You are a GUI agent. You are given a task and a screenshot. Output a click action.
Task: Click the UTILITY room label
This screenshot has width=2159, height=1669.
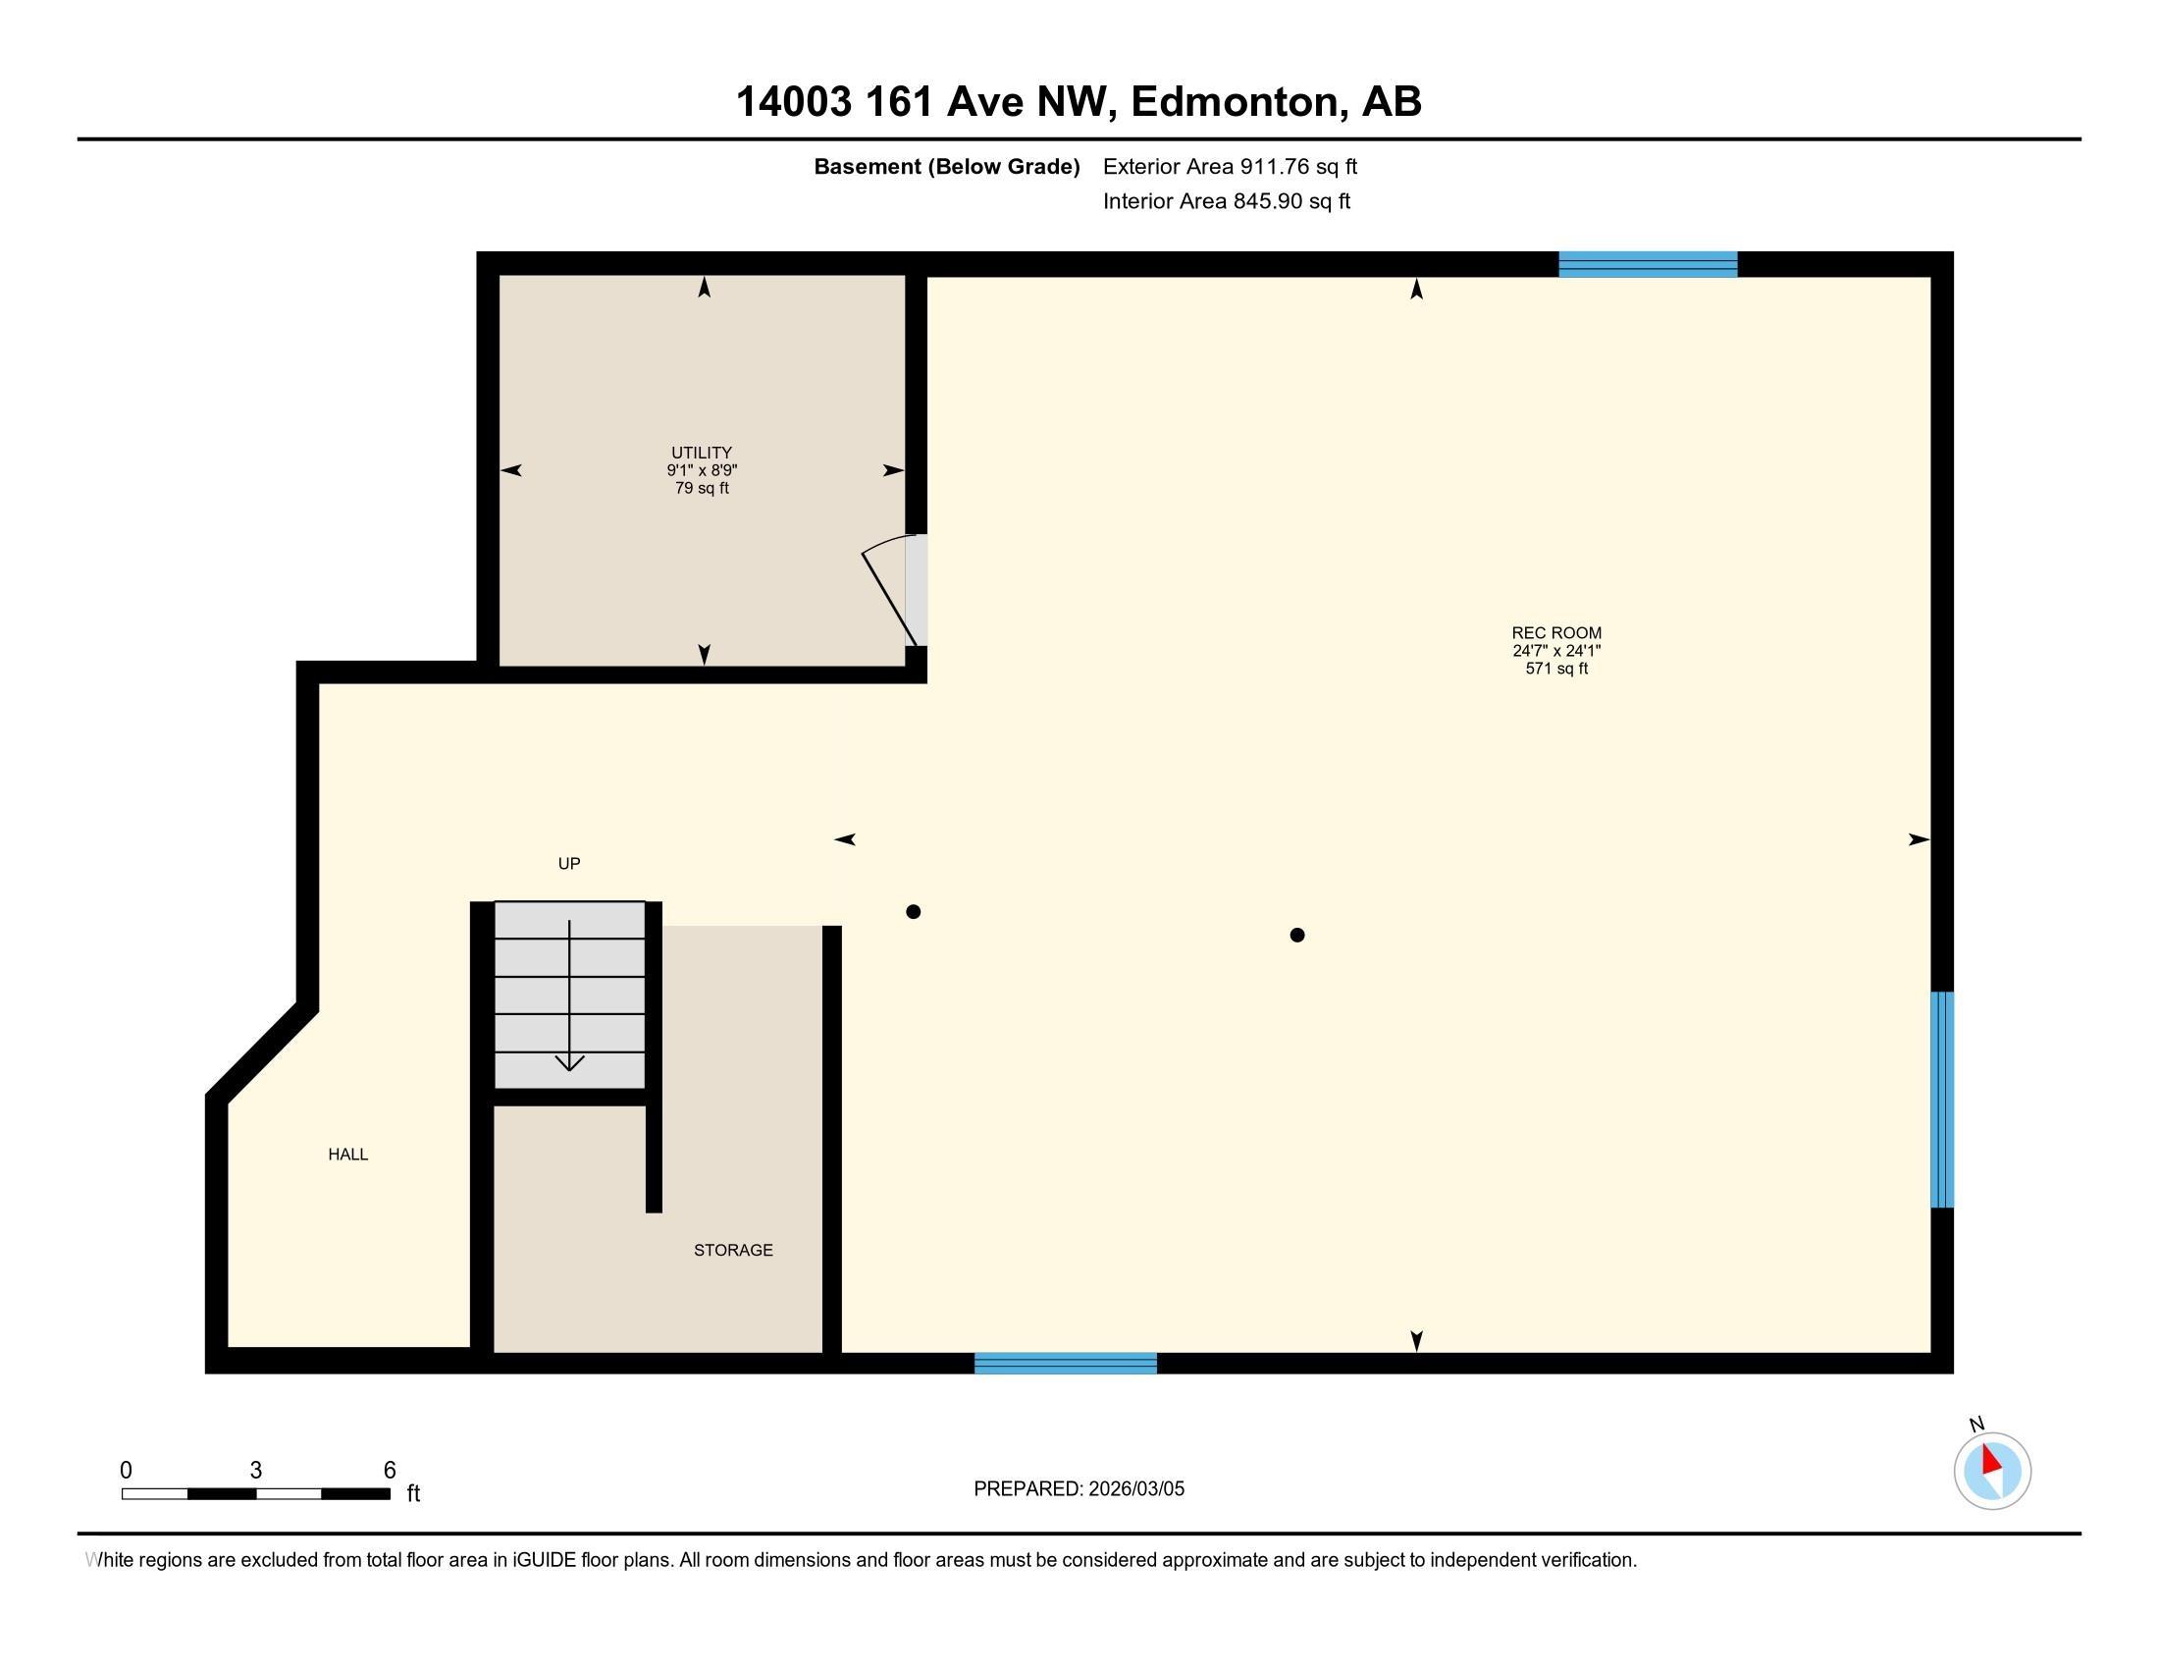pyautogui.click(x=702, y=453)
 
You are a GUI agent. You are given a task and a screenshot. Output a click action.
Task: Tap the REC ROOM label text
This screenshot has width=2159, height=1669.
pyautogui.click(x=1556, y=633)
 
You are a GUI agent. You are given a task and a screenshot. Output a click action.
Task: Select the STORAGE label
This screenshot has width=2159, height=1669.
pyautogui.click(x=733, y=1250)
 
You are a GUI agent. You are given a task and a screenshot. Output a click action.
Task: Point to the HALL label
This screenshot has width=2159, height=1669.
pyautogui.click(x=348, y=1154)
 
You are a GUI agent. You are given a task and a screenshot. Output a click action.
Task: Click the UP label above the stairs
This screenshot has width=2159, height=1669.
pyautogui.click(x=569, y=863)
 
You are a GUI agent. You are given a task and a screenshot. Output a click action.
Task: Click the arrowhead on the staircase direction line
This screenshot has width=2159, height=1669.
pyautogui.click(x=569, y=1063)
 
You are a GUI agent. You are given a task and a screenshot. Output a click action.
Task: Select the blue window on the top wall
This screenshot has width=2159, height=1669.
pyautogui.click(x=1648, y=264)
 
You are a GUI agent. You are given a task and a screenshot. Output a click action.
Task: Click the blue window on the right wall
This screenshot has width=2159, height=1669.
pyautogui.click(x=1942, y=1100)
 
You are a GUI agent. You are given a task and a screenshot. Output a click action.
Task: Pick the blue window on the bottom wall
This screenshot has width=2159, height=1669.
pyautogui.click(x=1066, y=1363)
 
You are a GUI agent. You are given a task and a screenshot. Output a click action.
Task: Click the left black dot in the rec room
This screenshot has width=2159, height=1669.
pyautogui.click(x=914, y=912)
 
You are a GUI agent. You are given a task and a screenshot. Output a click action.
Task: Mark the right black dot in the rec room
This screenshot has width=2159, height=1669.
pyautogui.click(x=1297, y=935)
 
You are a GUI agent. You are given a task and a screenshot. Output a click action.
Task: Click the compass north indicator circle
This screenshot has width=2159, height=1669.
pyautogui.click(x=1992, y=1472)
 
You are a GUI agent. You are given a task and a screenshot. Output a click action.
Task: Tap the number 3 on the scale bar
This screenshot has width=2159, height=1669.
pyautogui.click(x=256, y=1471)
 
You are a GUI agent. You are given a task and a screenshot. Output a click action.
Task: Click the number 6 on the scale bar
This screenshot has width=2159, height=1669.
pyautogui.click(x=390, y=1471)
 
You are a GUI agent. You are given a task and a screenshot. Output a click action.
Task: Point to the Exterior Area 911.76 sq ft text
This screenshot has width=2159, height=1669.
pyautogui.click(x=1230, y=166)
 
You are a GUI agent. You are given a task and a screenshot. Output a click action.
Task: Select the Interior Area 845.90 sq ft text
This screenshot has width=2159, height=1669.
pyautogui.click(x=1227, y=200)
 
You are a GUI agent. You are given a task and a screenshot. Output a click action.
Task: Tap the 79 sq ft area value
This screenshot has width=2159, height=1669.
pyautogui.click(x=702, y=489)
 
